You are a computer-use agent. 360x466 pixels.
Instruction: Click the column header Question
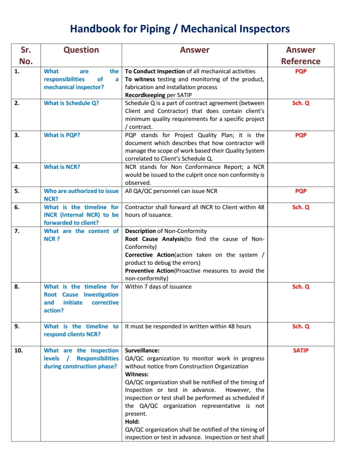pos(81,50)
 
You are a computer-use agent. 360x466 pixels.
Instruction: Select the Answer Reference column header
pos(300,56)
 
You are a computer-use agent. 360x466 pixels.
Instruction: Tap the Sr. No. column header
pos(25,56)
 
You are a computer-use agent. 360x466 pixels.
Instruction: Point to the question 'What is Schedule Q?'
pos(71,103)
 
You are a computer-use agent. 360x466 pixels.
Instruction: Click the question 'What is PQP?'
pos(62,135)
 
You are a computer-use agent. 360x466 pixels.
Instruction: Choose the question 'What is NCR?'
pos(62,167)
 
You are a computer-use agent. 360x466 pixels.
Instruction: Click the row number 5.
pos(17,191)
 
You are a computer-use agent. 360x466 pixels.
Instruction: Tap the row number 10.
pos(19,350)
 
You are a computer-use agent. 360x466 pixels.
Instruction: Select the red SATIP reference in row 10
pos(300,350)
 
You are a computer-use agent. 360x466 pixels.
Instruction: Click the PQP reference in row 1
pos(300,71)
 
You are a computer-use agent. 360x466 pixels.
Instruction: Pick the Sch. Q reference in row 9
pos(300,326)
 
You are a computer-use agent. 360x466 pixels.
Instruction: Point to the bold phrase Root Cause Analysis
pos(154,239)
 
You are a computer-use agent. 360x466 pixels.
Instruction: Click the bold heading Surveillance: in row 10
pos(142,350)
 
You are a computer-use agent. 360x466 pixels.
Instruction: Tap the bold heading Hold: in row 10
pos(132,422)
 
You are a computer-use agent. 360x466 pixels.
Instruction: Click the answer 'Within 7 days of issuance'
pos(158,287)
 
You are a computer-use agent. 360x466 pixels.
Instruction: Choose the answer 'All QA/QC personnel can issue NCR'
pos(171,191)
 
